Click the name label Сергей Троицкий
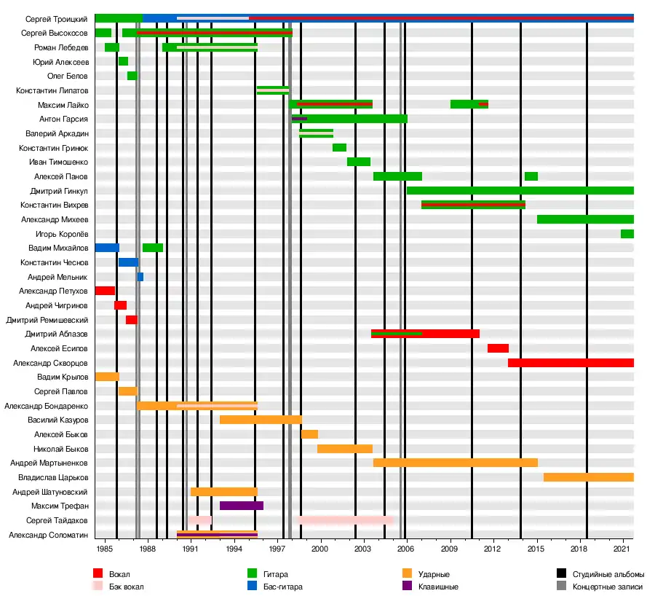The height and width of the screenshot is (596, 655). (57, 19)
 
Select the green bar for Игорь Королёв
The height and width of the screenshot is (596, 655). (627, 234)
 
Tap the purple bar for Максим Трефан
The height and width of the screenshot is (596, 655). (242, 506)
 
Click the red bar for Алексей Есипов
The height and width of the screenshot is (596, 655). (498, 348)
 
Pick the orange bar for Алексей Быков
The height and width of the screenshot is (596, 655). (309, 434)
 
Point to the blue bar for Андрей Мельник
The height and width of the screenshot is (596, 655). (140, 277)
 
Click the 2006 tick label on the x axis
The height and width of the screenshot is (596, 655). (406, 547)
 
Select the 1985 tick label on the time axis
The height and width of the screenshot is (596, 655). (104, 547)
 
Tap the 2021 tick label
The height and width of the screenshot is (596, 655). (622, 547)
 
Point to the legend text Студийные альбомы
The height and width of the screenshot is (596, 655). (608, 575)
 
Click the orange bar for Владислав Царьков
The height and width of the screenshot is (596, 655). (588, 477)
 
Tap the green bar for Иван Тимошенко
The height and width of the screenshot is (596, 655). (359, 162)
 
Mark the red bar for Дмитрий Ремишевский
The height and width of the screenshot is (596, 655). (131, 320)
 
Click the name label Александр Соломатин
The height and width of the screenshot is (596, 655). (49, 535)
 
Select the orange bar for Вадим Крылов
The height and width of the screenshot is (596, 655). (107, 377)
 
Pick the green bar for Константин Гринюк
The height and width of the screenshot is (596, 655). (339, 148)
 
